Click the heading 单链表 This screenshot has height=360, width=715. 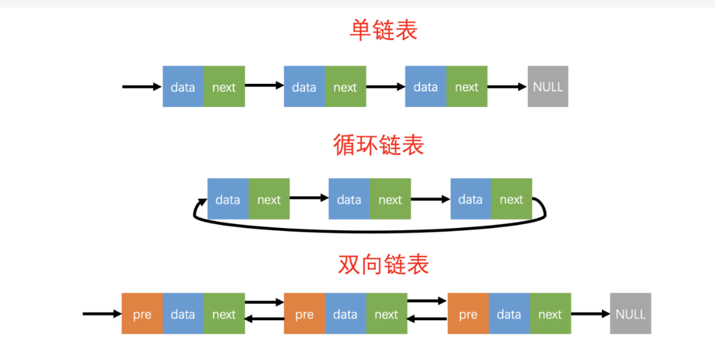[383, 30]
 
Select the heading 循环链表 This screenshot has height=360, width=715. [378, 145]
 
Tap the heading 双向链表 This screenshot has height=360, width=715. [383, 264]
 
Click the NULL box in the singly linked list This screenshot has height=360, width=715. [548, 87]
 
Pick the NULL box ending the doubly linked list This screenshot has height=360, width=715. [630, 314]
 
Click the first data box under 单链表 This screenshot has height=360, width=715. [183, 87]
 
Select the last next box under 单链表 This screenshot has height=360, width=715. [467, 87]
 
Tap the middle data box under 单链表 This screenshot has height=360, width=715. [304, 87]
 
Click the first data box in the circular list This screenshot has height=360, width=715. [227, 200]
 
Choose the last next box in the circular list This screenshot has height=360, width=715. [511, 200]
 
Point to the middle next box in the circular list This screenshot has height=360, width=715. [390, 200]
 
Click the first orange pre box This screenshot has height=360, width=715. [142, 314]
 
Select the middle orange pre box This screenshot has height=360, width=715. [305, 314]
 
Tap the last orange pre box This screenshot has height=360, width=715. [468, 314]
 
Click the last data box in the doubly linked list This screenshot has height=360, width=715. [509, 314]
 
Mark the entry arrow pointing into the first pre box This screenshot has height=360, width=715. [102, 314]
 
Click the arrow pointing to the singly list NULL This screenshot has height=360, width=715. [507, 87]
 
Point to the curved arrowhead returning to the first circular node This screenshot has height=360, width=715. [202, 202]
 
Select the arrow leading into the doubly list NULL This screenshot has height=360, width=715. [590, 314]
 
